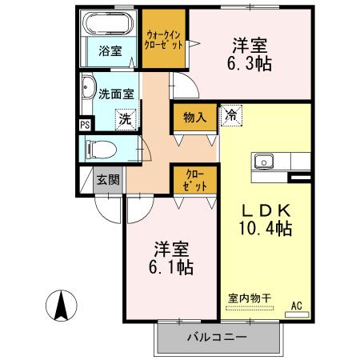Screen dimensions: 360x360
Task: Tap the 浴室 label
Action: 110,51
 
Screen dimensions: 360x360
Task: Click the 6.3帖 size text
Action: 249,62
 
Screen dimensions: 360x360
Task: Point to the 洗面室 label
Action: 116,93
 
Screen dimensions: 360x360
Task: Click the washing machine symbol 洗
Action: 126,118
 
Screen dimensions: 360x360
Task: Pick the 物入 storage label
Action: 194,118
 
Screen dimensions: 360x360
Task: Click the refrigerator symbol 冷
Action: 230,115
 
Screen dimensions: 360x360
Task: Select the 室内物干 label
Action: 249,298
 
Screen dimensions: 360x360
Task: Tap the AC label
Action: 296,305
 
